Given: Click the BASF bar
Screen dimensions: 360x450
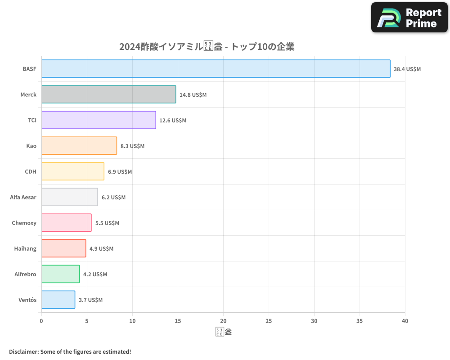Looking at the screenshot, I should point(216,69).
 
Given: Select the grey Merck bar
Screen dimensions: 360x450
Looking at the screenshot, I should point(108,94).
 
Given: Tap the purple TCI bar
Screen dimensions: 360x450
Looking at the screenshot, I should point(99,120).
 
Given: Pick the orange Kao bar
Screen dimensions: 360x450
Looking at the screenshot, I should point(79,146).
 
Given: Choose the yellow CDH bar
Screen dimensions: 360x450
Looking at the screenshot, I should point(72,171).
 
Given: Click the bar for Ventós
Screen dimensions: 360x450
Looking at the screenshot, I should point(58,300).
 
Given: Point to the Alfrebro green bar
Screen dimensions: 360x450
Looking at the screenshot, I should point(60,274).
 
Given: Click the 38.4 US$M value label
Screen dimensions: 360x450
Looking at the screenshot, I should point(407,69).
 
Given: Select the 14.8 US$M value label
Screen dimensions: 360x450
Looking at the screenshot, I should point(193,95).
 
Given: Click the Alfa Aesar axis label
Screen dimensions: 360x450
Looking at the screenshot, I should point(23,197).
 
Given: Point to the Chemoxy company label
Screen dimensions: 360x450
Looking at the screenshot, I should point(24,223).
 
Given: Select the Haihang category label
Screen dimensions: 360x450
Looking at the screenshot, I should point(25,248).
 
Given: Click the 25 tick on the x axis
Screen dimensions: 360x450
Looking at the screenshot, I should point(269,321).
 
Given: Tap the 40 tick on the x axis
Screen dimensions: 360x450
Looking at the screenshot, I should point(405,321).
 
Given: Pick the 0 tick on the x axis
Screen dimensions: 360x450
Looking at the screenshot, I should point(41,321).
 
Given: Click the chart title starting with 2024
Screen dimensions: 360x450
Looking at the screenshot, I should point(207,47).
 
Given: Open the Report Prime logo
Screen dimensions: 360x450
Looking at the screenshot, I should point(409,18).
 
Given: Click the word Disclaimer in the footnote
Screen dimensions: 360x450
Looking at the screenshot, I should point(23,352).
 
